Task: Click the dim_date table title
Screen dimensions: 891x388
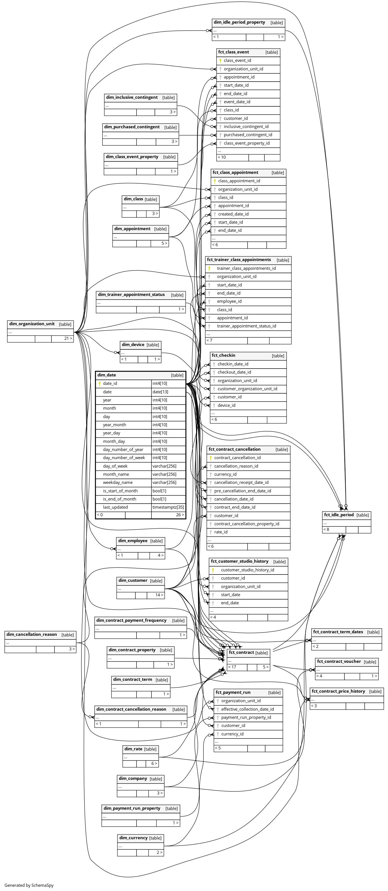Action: click(107, 375)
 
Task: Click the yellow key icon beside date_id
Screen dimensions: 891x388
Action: click(99, 383)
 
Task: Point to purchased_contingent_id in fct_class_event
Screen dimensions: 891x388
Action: click(248, 135)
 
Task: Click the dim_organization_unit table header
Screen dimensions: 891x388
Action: click(32, 324)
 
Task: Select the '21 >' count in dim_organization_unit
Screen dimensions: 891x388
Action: click(68, 339)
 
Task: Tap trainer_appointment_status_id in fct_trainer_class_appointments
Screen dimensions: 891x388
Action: click(246, 326)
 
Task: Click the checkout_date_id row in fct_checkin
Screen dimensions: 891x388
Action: click(234, 372)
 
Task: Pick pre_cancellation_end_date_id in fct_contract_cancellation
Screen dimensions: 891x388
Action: click(242, 491)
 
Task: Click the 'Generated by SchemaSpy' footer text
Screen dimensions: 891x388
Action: click(29, 885)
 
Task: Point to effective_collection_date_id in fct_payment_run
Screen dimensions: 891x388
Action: click(247, 709)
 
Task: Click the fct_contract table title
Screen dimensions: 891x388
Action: click(241, 652)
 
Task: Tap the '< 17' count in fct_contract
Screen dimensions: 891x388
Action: click(232, 667)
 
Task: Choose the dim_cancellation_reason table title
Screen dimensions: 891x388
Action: click(31, 634)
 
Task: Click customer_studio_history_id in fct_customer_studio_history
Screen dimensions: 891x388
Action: click(247, 570)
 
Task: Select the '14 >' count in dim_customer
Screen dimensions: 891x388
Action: click(159, 595)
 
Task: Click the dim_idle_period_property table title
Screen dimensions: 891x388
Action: click(239, 23)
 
